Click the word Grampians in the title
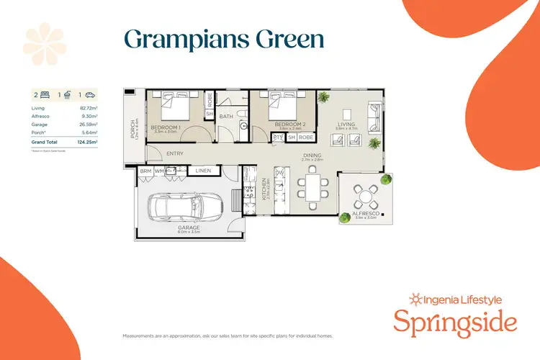(176, 39)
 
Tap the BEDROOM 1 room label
(165, 127)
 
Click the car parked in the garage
(181, 208)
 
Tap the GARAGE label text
(189, 228)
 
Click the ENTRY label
(174, 153)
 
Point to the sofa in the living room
(375, 114)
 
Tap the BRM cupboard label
(145, 171)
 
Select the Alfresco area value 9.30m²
(90, 115)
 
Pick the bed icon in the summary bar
(45, 94)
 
